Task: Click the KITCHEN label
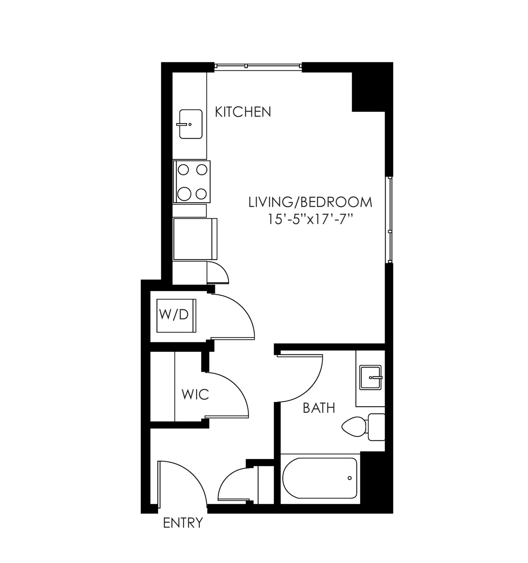coord(243,112)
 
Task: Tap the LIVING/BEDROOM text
coord(310,202)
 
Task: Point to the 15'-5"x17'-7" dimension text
coord(310,220)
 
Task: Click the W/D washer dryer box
coord(176,315)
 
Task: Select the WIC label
coord(196,394)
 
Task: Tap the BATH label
coord(319,408)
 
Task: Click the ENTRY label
coord(183,523)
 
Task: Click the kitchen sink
coord(191,124)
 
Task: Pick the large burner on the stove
coord(184,194)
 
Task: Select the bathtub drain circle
coord(349,478)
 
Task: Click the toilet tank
coord(376,426)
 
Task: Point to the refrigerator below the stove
coord(195,239)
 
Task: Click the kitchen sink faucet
coord(183,124)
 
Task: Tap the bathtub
coord(319,478)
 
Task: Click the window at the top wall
coord(258,66)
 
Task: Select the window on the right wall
coord(390,220)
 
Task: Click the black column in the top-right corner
coord(372,87)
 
